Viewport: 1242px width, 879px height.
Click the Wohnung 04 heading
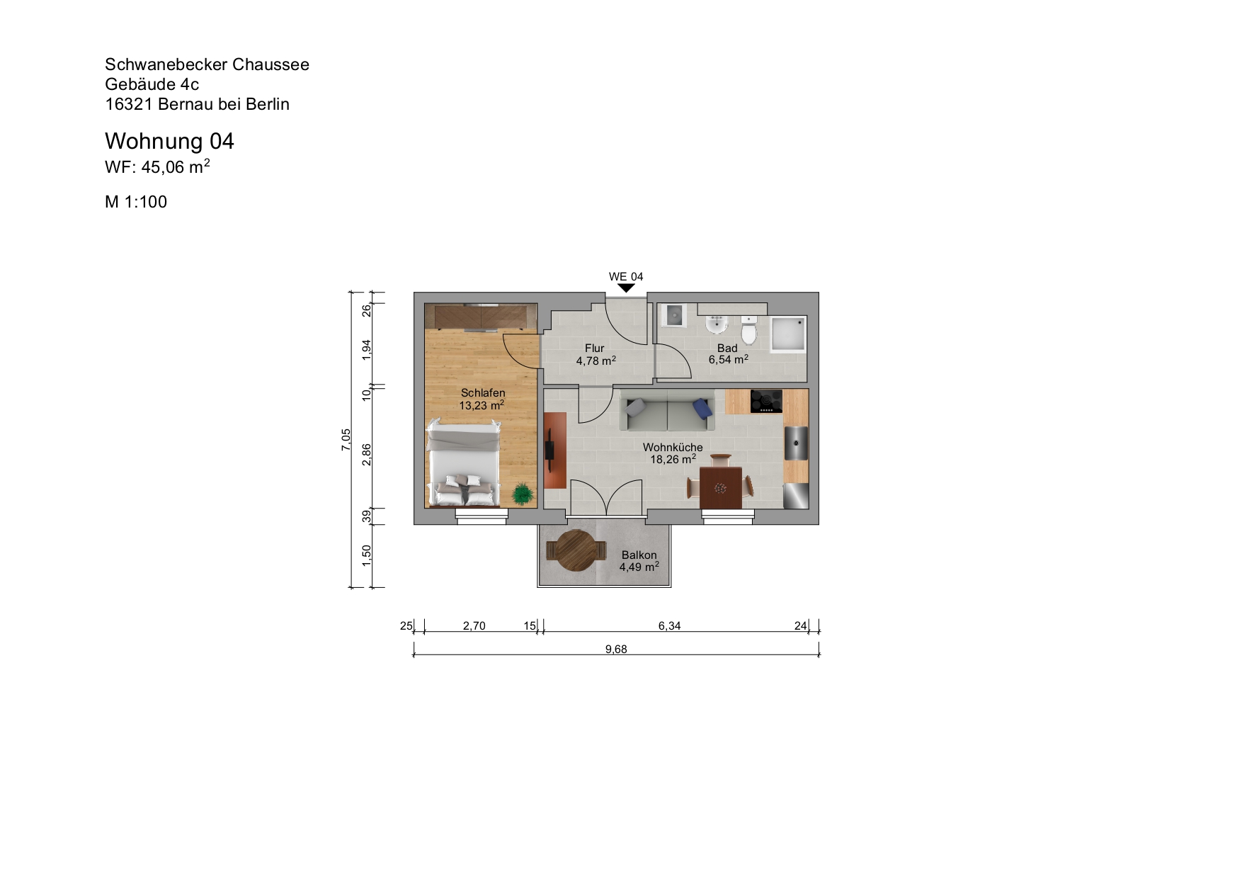[x=169, y=141]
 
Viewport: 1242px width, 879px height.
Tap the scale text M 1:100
[x=136, y=202]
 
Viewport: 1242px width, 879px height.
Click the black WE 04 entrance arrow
[x=626, y=288]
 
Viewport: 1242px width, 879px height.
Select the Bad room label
[x=727, y=348]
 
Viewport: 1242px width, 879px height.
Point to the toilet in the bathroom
[x=749, y=331]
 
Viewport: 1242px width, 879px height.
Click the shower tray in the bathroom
[x=788, y=334]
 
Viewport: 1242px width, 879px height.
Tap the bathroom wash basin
[x=717, y=325]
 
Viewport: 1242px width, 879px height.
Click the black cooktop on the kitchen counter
[x=766, y=401]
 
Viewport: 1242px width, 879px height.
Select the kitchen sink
[x=796, y=443]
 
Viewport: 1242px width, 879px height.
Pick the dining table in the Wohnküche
[x=720, y=487]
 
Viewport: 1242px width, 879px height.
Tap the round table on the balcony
[x=576, y=550]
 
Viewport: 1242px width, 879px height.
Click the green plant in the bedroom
[x=523, y=494]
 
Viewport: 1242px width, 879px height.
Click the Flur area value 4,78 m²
[x=596, y=361]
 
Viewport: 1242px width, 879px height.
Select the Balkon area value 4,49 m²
[x=639, y=567]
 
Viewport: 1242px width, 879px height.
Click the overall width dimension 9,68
[x=616, y=649]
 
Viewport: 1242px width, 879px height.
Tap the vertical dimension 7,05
[x=346, y=439]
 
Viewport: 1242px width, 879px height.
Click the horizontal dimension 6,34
[x=669, y=625]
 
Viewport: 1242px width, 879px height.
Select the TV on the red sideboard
[x=549, y=450]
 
